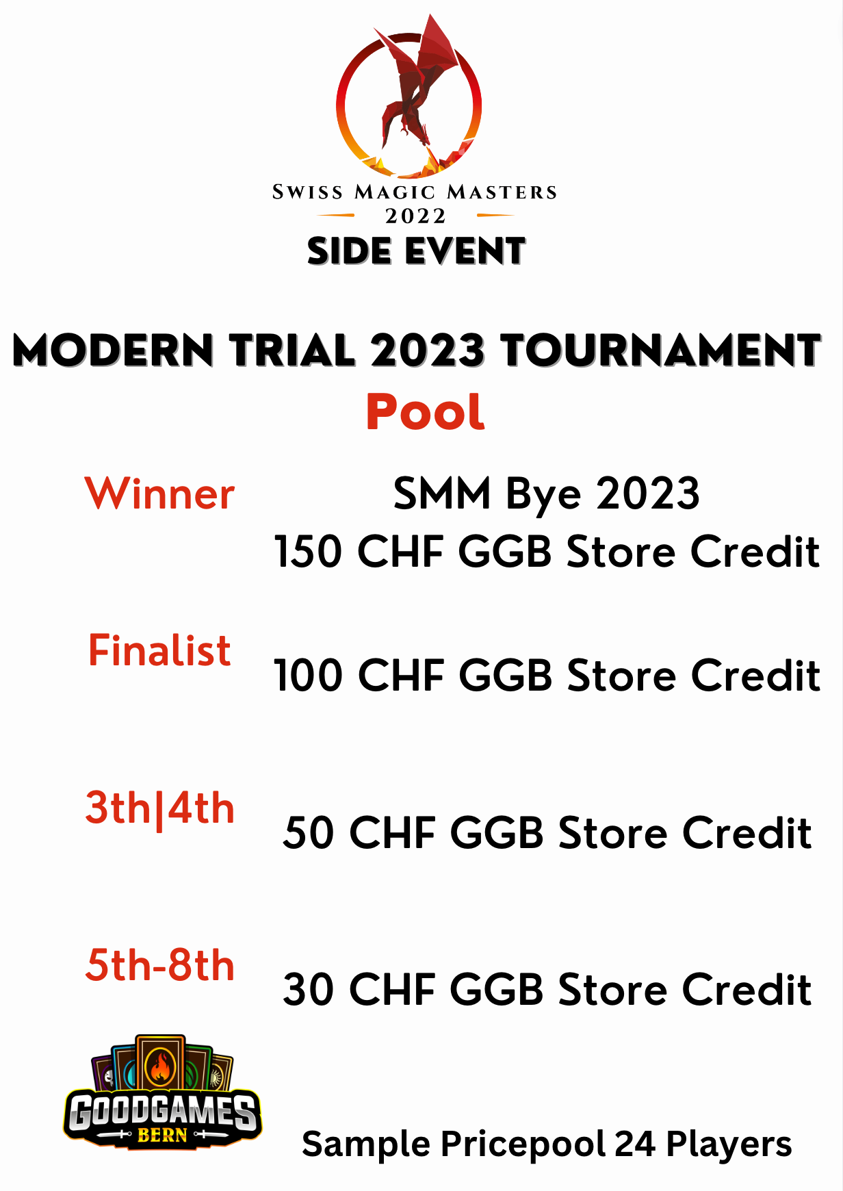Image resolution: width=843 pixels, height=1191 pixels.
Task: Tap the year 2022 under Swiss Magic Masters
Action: [416, 216]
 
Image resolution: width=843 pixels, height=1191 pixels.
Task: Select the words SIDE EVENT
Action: [416, 251]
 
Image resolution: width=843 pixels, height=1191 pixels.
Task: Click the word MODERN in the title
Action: [114, 350]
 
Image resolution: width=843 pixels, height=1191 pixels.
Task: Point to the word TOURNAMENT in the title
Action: [660, 350]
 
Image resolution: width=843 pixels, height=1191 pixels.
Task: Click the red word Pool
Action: [426, 411]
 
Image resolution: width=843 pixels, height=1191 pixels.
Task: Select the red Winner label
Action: [159, 493]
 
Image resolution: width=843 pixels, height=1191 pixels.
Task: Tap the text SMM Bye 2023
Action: [546, 494]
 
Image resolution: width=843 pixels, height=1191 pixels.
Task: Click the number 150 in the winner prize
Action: [307, 551]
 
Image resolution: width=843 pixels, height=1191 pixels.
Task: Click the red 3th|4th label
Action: [160, 808]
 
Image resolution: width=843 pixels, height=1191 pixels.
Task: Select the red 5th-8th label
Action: [160, 964]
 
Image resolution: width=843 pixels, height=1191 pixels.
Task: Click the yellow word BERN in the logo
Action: [162, 1136]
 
